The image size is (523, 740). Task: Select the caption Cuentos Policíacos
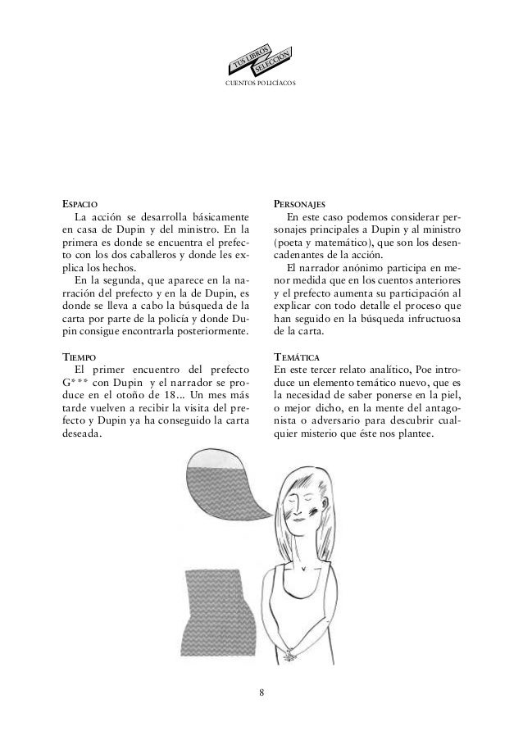click(x=261, y=84)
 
